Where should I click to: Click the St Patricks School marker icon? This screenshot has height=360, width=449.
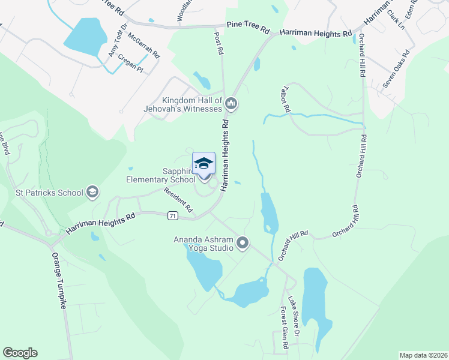(92, 192)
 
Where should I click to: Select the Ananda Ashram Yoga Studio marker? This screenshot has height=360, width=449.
(243, 243)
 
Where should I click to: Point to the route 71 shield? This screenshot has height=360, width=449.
(173, 214)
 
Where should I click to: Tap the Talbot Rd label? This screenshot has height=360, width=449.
(285, 100)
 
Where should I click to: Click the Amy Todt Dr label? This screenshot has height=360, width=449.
(118, 42)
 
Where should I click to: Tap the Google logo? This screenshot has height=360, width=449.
(20, 353)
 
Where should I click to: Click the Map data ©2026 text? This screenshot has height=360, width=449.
(423, 355)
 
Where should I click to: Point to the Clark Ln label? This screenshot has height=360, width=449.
(396, 20)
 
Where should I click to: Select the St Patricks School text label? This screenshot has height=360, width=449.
(49, 193)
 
